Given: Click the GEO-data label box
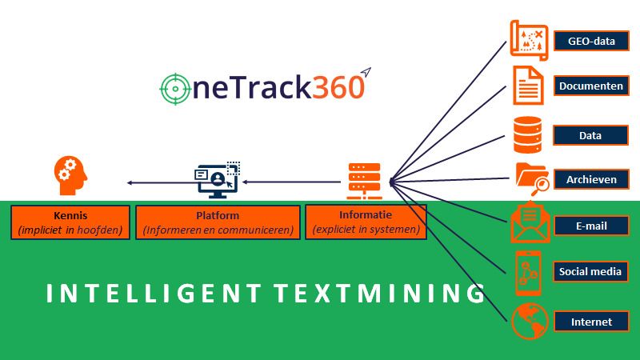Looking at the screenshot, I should click(x=590, y=39).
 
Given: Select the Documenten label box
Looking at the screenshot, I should click(x=590, y=86).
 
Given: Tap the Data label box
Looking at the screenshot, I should click(x=590, y=135).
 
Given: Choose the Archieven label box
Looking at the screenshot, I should click(x=590, y=179).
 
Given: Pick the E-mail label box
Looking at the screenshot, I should click(x=590, y=226).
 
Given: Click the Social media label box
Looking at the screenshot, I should click(x=590, y=272).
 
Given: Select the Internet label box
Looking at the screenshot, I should click(x=590, y=322).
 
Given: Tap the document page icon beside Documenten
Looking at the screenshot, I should click(x=527, y=85).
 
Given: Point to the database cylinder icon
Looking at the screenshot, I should click(x=527, y=134).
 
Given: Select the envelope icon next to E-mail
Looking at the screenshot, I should click(x=530, y=224).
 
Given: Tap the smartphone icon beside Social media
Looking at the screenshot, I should click(x=527, y=272).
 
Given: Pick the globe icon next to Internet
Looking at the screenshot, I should click(x=528, y=322).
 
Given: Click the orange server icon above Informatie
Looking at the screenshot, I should click(x=364, y=181).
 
